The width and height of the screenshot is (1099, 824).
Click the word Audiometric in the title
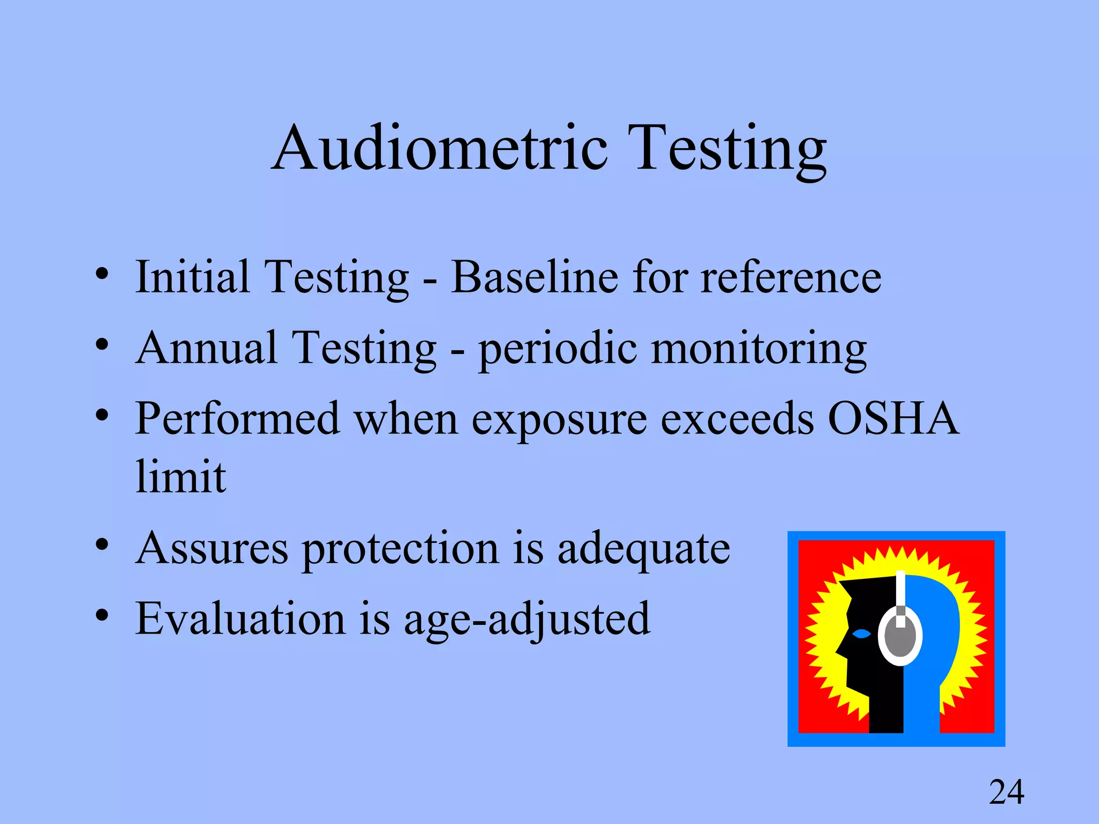coord(440,148)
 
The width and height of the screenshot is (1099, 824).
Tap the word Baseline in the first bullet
coord(534,277)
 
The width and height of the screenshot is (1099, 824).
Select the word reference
coord(791,277)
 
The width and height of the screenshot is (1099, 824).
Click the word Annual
coord(207,348)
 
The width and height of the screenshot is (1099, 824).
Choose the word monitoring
coord(759,349)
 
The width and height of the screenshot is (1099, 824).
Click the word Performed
coord(238,419)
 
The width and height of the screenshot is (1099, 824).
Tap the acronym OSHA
coord(893,419)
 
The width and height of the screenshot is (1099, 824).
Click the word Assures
coord(212,548)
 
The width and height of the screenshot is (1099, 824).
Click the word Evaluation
coord(240,619)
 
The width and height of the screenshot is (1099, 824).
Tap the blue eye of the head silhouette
coord(861,634)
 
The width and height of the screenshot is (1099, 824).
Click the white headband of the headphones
coord(900,590)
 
